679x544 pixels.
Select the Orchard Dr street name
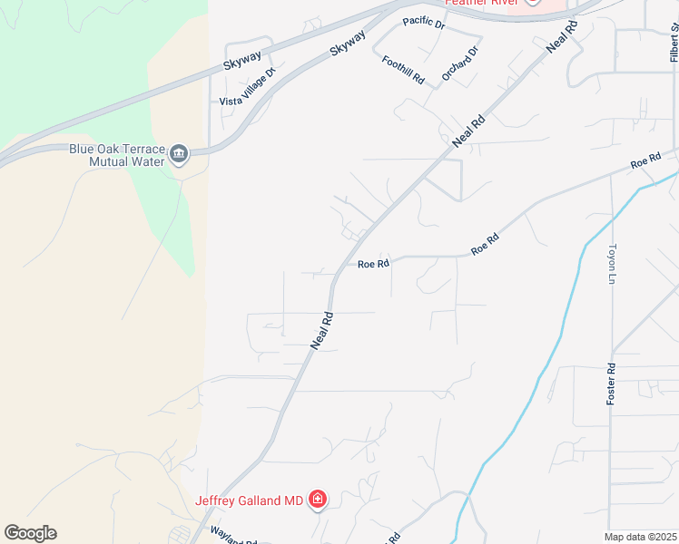[459, 64]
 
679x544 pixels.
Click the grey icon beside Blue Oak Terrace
[178, 155]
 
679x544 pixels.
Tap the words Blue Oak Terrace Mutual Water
[117, 155]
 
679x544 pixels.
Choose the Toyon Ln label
[612, 263]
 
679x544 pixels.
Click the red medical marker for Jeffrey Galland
[318, 499]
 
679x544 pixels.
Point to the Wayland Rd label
[234, 537]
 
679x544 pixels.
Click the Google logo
[30, 533]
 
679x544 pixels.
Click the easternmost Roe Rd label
[645, 161]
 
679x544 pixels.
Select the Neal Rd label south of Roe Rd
[323, 331]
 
